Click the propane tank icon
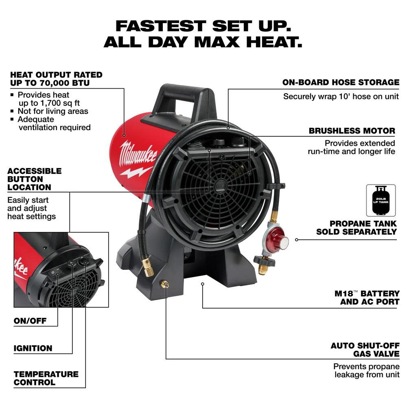click(381, 200)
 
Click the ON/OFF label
click(30, 321)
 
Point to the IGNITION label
click(33, 348)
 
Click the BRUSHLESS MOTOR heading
click(352, 131)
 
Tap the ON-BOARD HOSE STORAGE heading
click(341, 82)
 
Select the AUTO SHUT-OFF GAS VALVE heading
click(364, 350)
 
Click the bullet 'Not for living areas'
click(53, 111)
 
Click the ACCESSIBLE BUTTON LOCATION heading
click(34, 179)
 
